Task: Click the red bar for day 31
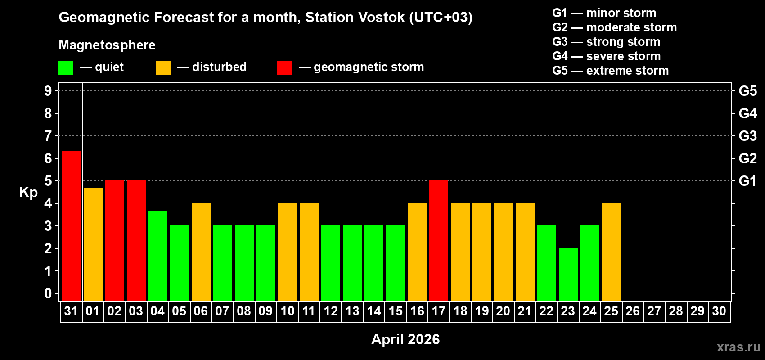point(72,225)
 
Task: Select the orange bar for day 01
point(93,244)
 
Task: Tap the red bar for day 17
point(439,240)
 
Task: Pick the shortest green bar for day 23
point(568,274)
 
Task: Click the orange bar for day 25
point(612,252)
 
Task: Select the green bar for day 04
point(158,255)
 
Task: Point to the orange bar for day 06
point(201,252)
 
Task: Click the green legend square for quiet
point(66,68)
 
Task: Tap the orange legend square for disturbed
point(163,68)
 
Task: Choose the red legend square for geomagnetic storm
point(284,68)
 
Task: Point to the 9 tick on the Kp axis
point(48,91)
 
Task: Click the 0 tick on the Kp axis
point(48,293)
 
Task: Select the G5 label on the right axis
point(747,91)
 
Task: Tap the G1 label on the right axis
point(747,181)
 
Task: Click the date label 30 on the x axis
point(719,311)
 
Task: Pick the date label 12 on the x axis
point(331,311)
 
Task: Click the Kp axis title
point(28,192)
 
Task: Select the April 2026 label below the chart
point(405,339)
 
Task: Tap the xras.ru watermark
point(738,347)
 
